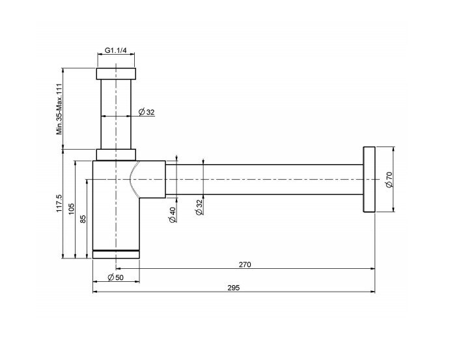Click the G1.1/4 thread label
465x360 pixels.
point(116,50)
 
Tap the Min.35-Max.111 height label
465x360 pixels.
point(60,109)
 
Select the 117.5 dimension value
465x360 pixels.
point(59,203)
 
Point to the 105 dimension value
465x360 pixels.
point(72,209)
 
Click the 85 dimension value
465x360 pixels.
point(83,219)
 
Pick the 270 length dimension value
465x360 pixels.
point(245,264)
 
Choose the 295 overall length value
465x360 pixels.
point(234,287)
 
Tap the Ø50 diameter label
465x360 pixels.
point(116,277)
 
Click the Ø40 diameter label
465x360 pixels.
point(173,214)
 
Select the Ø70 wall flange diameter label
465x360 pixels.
point(389,180)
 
